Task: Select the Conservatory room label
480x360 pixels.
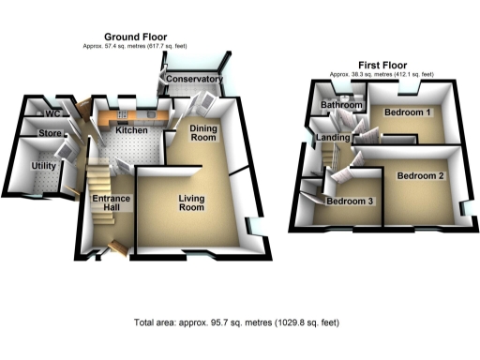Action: click(x=194, y=81)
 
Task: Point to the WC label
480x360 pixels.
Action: click(x=52, y=113)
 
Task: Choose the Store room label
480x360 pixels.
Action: click(x=50, y=134)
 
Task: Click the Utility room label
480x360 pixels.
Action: click(x=43, y=166)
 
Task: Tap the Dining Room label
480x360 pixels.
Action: click(x=203, y=132)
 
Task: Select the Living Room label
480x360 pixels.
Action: click(x=191, y=202)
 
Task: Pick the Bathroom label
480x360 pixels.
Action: click(x=340, y=106)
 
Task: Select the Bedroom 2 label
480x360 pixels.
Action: click(x=420, y=175)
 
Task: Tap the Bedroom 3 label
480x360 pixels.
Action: click(x=349, y=202)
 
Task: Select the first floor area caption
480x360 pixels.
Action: click(x=381, y=74)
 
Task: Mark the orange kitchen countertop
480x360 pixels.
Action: click(x=141, y=116)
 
